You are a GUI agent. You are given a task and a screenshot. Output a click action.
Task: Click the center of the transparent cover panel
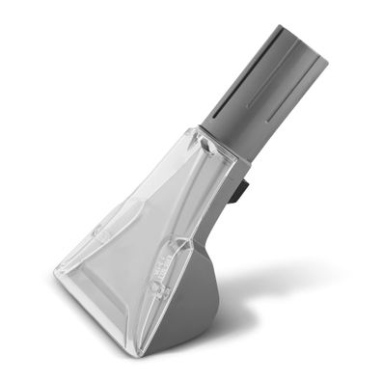145,232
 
